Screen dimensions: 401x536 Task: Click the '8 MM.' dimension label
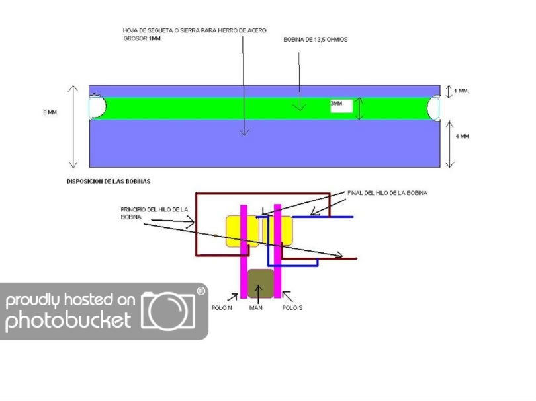[50, 112]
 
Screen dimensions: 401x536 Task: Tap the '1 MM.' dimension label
[461, 91]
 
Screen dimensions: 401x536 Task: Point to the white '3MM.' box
[341, 106]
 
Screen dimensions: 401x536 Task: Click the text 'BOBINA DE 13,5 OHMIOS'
[316, 40]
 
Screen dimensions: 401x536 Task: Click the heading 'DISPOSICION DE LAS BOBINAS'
[109, 180]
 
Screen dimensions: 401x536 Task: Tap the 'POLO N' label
[222, 307]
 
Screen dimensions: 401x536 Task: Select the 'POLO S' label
[292, 307]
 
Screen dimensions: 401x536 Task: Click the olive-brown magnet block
[260, 283]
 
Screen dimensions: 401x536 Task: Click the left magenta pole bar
[244, 251]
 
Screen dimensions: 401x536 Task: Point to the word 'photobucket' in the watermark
[69, 322]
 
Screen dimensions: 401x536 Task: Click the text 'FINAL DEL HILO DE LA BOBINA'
[387, 193]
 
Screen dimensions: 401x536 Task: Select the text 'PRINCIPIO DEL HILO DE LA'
[154, 209]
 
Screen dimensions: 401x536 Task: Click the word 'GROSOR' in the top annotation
[133, 39]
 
